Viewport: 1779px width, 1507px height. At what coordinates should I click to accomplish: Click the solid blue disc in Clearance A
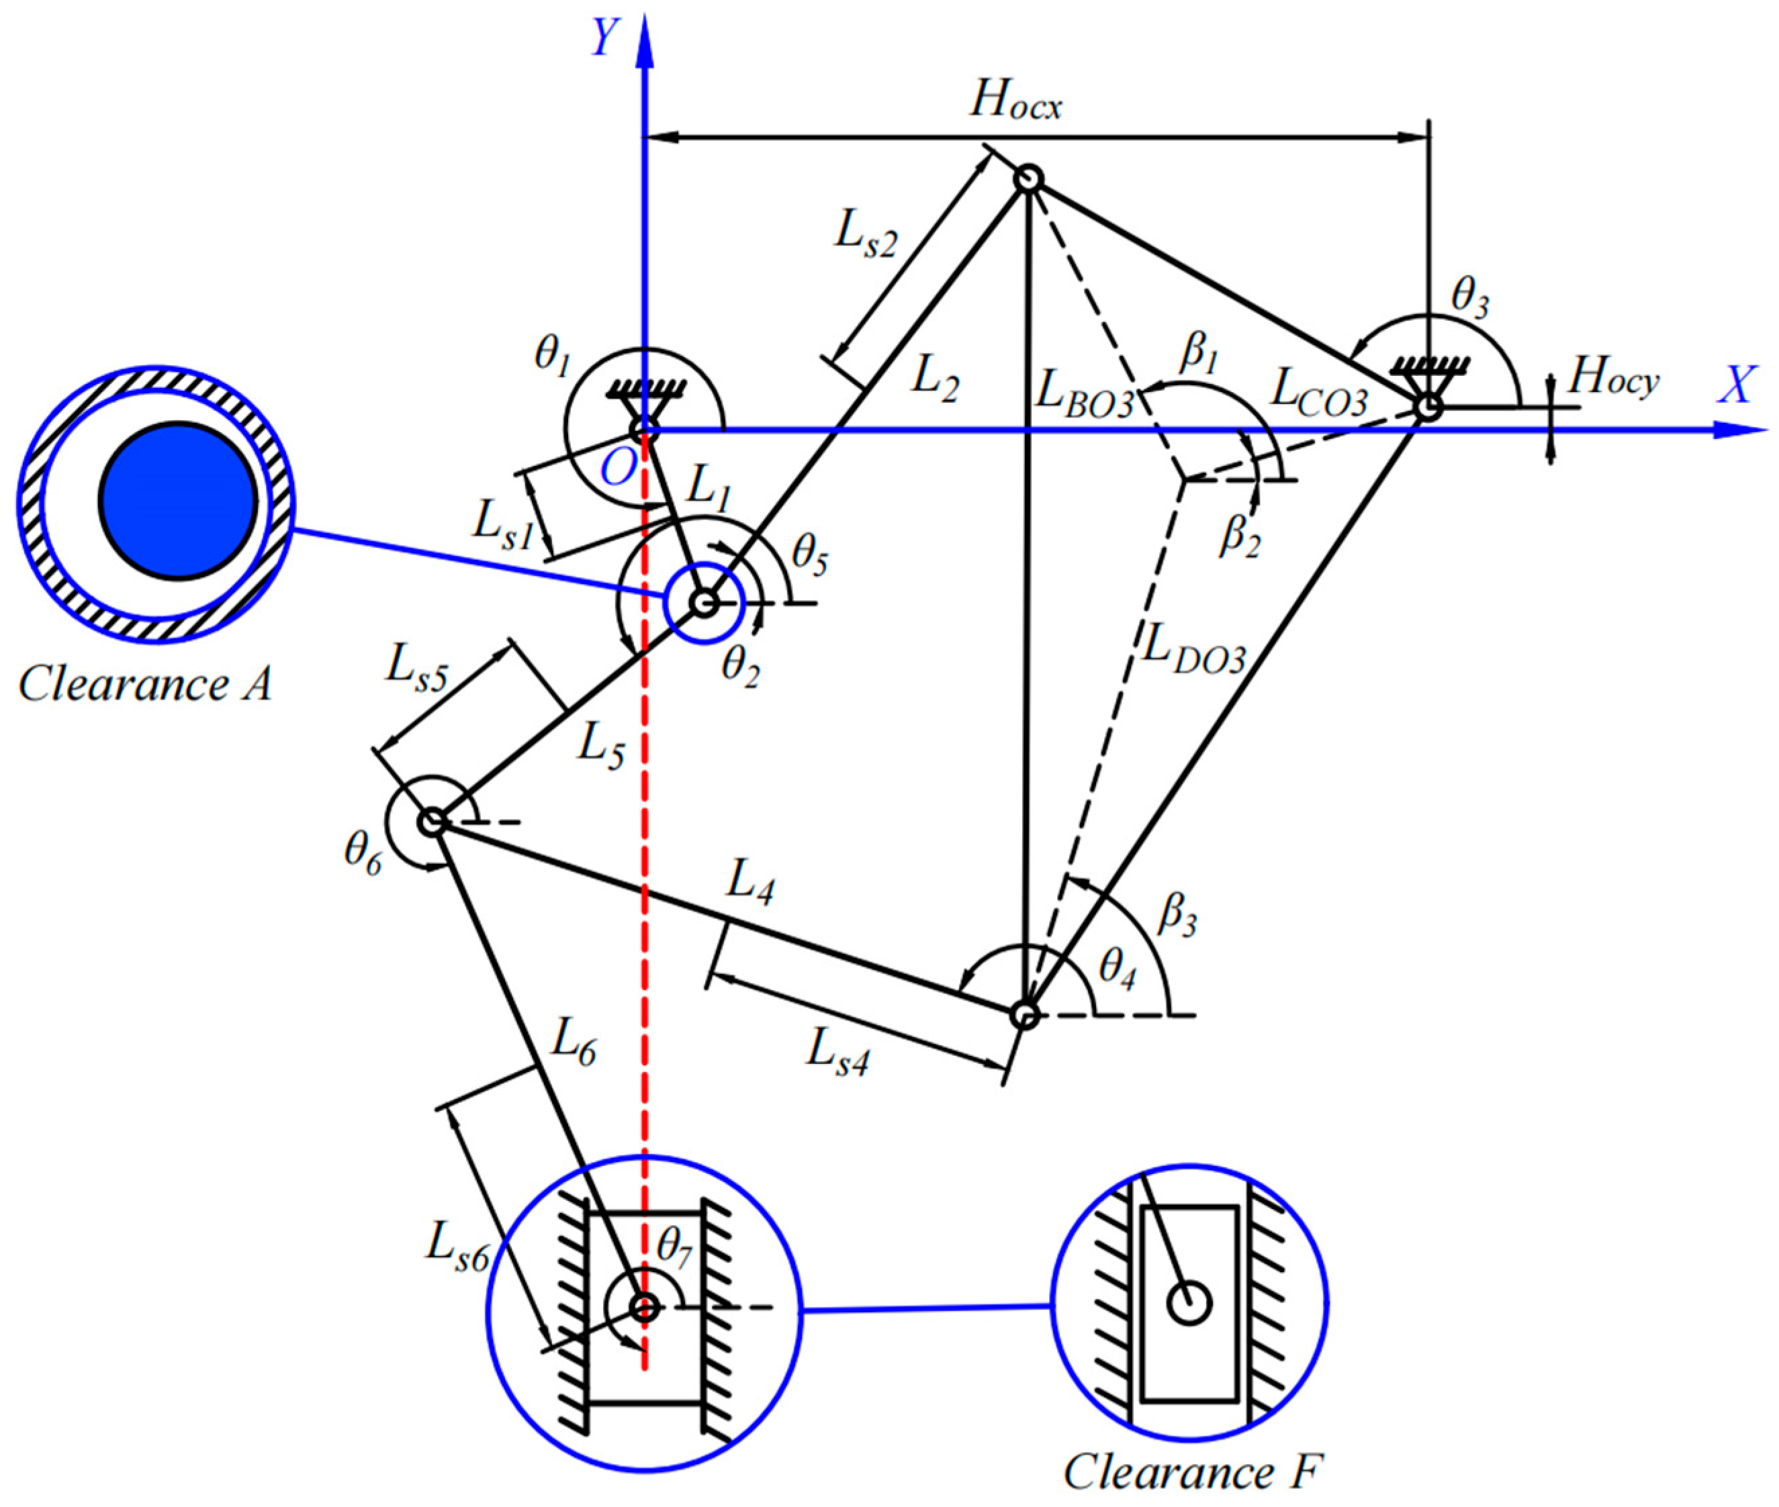click(178, 501)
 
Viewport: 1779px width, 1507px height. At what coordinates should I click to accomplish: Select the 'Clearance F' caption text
click(1193, 1471)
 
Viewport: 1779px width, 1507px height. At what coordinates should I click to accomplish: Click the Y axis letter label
click(604, 38)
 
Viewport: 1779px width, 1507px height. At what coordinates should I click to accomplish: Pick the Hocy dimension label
click(1613, 379)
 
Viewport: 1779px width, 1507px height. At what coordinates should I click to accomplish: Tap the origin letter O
click(618, 467)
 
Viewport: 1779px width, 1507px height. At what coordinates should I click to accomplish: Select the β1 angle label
click(1198, 354)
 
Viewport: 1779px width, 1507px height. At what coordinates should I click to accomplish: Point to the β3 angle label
click(1177, 916)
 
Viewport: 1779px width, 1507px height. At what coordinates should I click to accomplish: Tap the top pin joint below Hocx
click(1028, 179)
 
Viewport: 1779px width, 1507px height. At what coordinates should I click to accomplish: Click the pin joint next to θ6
click(432, 822)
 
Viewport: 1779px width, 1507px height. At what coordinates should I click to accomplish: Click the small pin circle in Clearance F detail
click(1189, 1304)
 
